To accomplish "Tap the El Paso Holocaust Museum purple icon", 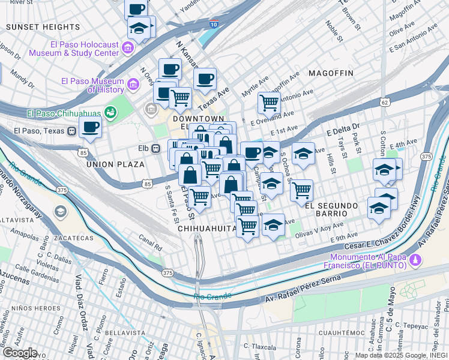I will (x=128, y=48).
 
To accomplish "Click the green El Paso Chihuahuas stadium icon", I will (x=110, y=112).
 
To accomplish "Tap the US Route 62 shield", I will (x=384, y=103).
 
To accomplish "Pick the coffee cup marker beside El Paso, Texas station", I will (x=90, y=127).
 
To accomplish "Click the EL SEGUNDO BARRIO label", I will (x=334, y=209).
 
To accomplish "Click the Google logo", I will (x=19, y=353).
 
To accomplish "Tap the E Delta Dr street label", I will (x=342, y=129).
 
